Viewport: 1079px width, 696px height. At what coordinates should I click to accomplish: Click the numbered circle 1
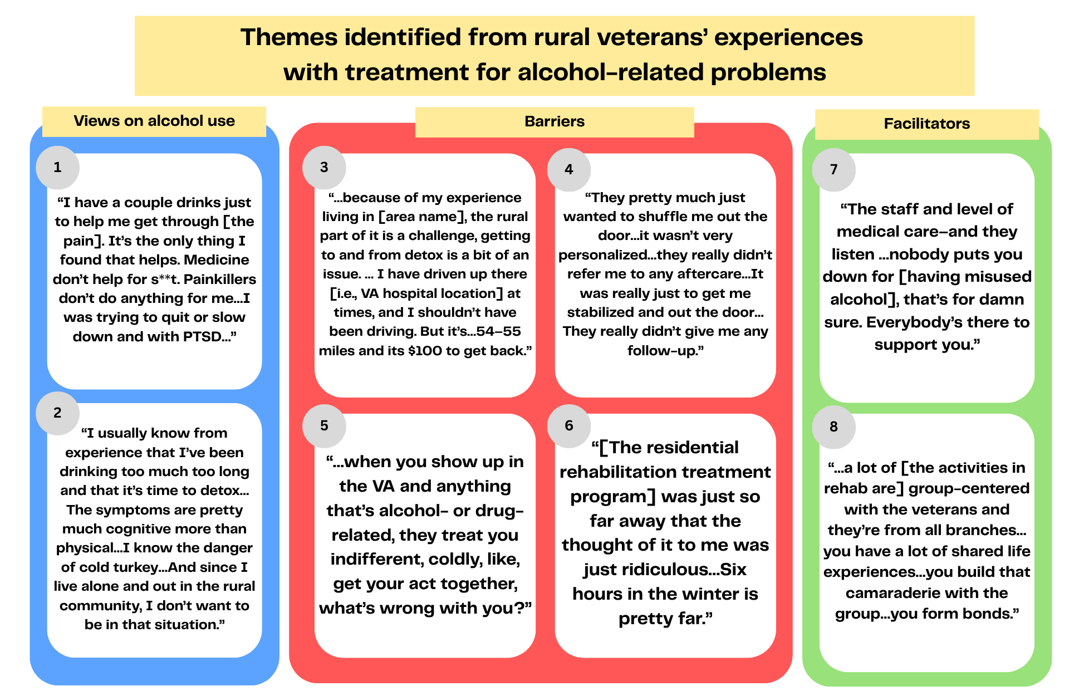pos(57,168)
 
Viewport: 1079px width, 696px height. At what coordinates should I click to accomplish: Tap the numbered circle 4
pos(568,170)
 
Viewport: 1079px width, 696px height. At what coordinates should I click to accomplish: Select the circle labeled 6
pos(568,426)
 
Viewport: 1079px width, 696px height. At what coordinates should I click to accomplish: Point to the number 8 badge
pos(833,427)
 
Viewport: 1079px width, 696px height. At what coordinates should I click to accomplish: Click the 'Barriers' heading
pos(555,121)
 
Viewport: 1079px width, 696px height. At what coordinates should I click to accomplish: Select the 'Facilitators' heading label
pos(927,124)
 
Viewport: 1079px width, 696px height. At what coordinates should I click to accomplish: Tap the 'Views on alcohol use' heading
pos(154,121)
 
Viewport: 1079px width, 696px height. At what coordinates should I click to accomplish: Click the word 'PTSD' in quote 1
pos(202,337)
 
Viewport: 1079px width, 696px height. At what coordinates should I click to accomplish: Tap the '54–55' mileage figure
pos(498,331)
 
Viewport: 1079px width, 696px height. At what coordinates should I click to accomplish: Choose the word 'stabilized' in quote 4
pos(602,312)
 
